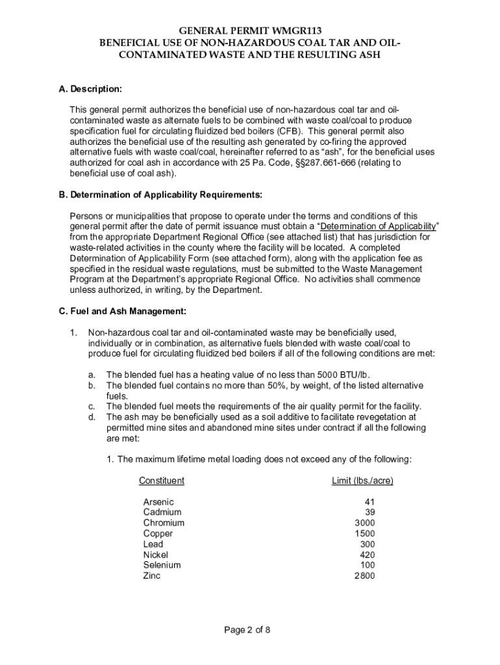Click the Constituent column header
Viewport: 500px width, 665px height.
(162, 481)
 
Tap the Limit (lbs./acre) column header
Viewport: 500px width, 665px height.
(362, 481)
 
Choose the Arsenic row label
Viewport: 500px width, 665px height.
(158, 502)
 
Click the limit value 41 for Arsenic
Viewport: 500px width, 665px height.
(369, 502)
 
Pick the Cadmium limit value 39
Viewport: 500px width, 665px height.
(369, 512)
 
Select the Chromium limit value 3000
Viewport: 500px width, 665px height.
(364, 523)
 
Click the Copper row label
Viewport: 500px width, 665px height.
(158, 534)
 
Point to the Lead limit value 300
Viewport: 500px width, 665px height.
(367, 544)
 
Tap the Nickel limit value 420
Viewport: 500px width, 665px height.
(367, 555)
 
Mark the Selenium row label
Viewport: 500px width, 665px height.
(162, 565)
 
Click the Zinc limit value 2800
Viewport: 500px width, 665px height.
(364, 575)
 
